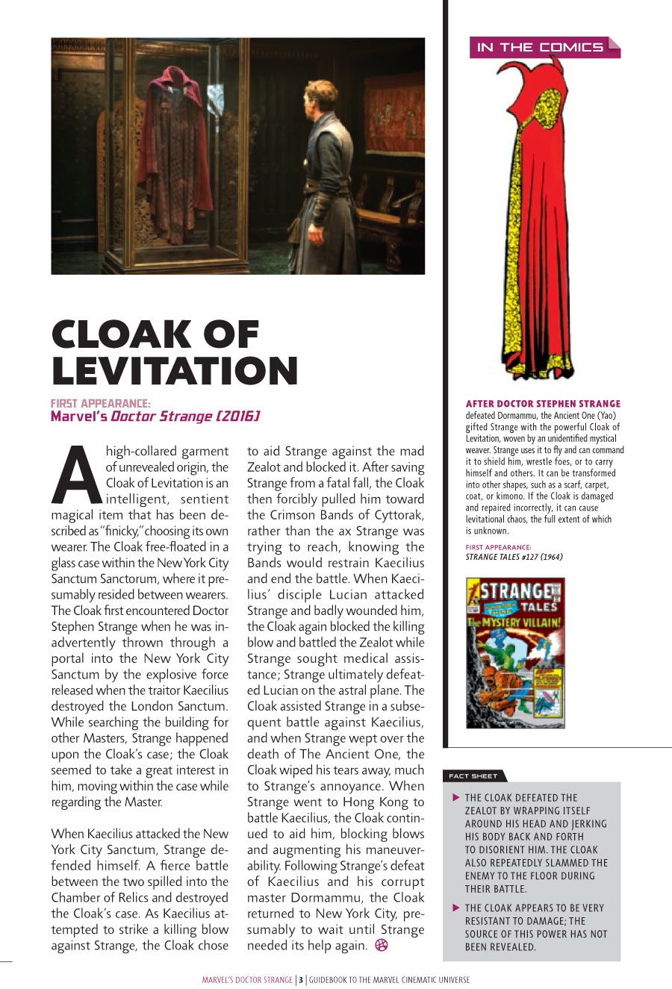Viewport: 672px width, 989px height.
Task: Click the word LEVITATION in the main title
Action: tap(175, 370)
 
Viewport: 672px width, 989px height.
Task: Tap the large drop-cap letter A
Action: tap(77, 475)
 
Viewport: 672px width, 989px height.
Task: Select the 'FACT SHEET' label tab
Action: tap(474, 776)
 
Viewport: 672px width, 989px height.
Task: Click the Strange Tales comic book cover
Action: tap(515, 652)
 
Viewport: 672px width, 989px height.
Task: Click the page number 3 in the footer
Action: tap(300, 980)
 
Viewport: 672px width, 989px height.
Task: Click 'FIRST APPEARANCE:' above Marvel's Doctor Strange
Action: tap(101, 404)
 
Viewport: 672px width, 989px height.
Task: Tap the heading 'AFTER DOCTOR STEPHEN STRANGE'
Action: tap(543, 404)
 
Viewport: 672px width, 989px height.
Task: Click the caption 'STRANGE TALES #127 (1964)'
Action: tap(514, 557)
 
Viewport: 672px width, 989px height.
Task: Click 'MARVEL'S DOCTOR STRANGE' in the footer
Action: tap(247, 980)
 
